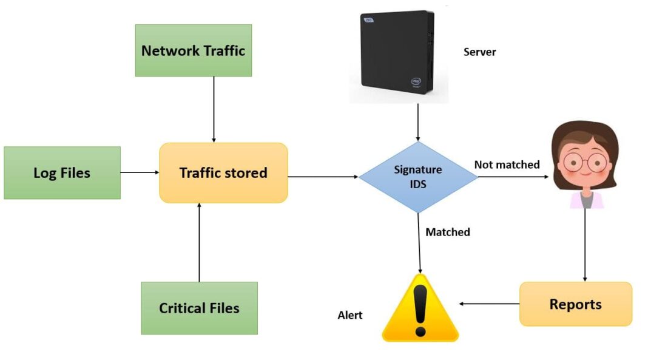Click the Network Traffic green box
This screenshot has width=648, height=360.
[193, 50]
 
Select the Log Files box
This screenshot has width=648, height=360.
[62, 173]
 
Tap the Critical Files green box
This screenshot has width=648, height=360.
[199, 308]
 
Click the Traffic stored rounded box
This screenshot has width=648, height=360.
[223, 173]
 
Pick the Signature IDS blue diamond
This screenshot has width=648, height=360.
[418, 177]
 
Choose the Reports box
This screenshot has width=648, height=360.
[575, 304]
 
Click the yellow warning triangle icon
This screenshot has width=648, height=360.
[420, 310]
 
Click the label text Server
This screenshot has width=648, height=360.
[479, 52]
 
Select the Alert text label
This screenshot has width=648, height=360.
[350, 315]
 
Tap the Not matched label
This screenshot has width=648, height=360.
[507, 165]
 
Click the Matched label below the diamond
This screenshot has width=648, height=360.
[448, 232]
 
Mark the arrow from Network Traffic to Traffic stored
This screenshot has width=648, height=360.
[214, 109]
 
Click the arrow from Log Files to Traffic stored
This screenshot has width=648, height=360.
[140, 172]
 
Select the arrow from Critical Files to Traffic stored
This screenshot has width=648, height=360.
[199, 243]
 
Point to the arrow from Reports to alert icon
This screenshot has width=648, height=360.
[489, 304]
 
